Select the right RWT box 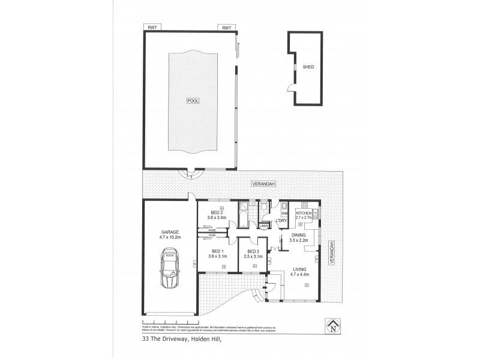[227, 28]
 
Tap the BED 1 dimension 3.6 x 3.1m [218, 257]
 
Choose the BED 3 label [252, 251]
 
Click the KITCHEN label [302, 213]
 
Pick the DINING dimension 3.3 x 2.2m [298, 241]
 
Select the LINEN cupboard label [264, 226]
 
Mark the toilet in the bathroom [265, 208]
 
